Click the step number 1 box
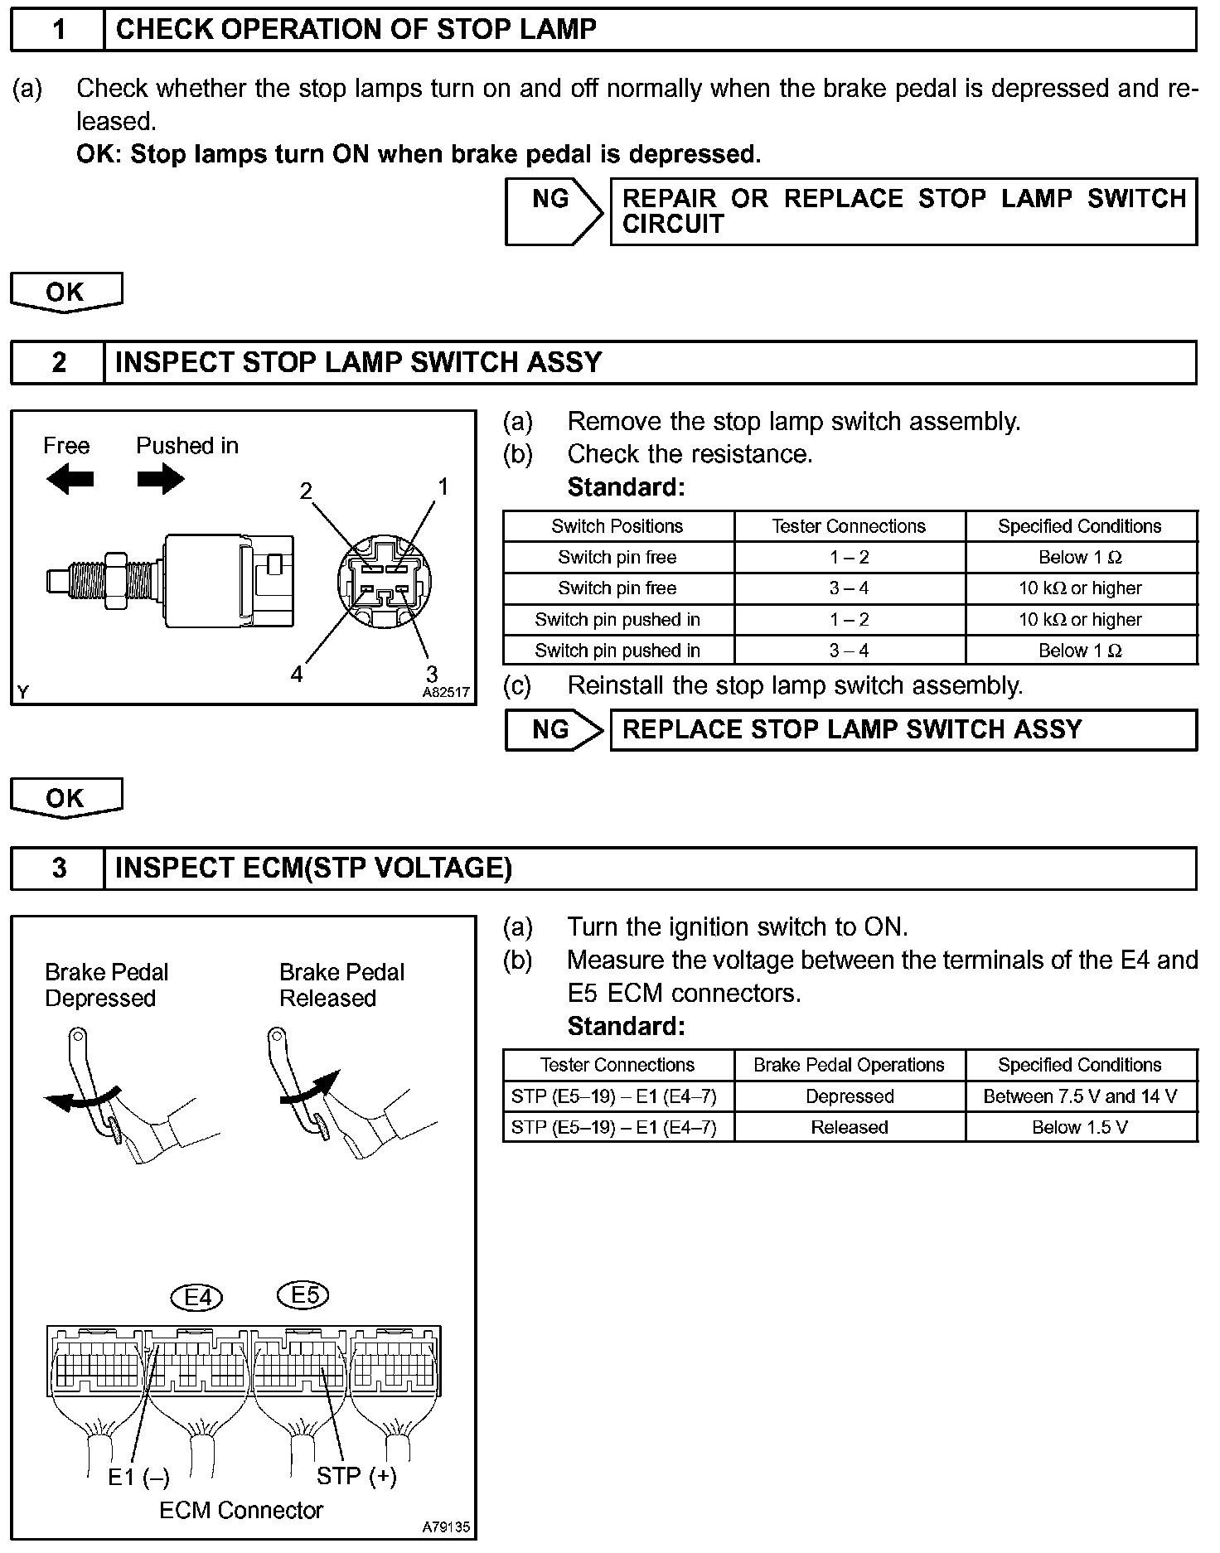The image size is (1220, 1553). (x=58, y=30)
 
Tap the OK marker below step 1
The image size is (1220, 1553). (x=65, y=292)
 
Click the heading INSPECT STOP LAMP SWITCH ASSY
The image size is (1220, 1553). (x=358, y=363)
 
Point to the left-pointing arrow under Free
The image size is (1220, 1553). (x=70, y=479)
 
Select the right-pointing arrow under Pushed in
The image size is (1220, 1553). (x=161, y=479)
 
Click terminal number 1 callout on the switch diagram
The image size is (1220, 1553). (x=443, y=486)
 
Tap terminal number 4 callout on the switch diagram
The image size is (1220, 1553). (x=297, y=674)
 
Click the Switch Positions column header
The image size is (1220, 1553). (x=617, y=526)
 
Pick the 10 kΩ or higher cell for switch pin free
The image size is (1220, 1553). (x=1080, y=588)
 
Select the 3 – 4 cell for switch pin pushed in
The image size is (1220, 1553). (x=849, y=651)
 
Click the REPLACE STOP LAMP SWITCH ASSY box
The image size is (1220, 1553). (x=903, y=729)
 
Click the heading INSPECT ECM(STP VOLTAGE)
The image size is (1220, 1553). (x=313, y=868)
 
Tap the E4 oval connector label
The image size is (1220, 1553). (x=197, y=1296)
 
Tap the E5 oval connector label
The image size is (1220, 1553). (x=304, y=1294)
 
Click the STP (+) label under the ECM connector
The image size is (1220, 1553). (x=356, y=1476)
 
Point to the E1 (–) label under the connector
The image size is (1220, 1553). (x=138, y=1478)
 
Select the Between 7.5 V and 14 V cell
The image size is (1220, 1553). (x=1080, y=1096)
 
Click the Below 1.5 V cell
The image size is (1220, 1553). (x=1080, y=1127)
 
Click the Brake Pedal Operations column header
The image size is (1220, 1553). (x=849, y=1065)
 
